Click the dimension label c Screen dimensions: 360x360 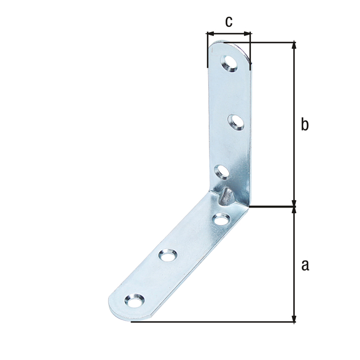[x=229, y=22]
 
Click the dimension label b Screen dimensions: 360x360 [x=305, y=124]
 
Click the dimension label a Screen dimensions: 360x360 [x=305, y=265]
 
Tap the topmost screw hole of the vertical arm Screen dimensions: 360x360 [x=229, y=64]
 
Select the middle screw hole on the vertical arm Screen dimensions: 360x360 [x=236, y=123]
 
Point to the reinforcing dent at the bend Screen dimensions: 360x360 [x=227, y=196]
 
